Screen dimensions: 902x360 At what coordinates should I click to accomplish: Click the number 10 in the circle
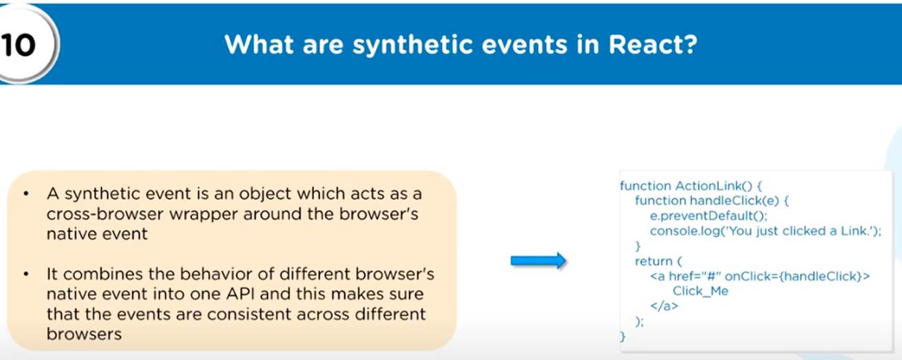[18, 44]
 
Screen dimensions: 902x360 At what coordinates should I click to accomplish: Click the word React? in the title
[653, 44]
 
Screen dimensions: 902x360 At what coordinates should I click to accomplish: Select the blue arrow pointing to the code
[538, 261]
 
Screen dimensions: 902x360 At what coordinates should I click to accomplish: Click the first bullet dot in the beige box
[26, 193]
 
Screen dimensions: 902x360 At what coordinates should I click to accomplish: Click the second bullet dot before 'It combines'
[26, 274]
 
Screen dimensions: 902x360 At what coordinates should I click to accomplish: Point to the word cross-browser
[104, 214]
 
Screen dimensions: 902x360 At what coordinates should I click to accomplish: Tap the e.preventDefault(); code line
[709, 216]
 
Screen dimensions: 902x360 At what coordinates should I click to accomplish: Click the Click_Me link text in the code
[700, 291]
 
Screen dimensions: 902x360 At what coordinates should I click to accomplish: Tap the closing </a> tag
[664, 306]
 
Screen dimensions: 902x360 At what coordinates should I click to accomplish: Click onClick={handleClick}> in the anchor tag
[797, 276]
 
